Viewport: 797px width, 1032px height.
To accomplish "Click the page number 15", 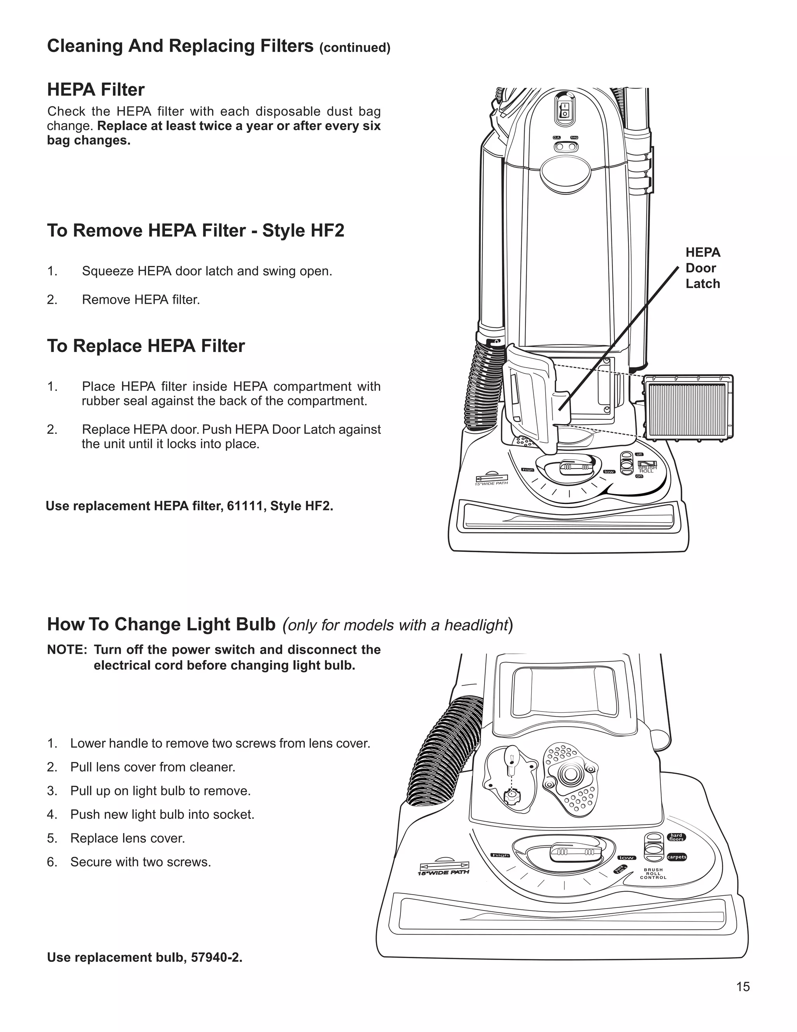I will [743, 987].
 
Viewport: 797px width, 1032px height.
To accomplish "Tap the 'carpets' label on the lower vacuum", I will [677, 857].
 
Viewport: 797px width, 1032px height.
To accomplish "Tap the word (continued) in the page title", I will [355, 48].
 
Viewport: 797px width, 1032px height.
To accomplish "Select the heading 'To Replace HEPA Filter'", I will [146, 346].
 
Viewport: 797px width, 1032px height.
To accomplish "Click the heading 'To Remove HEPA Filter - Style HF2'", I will [195, 231].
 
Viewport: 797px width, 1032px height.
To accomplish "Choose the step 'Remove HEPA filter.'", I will [141, 299].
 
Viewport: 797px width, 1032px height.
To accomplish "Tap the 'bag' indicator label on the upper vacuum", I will [574, 137].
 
